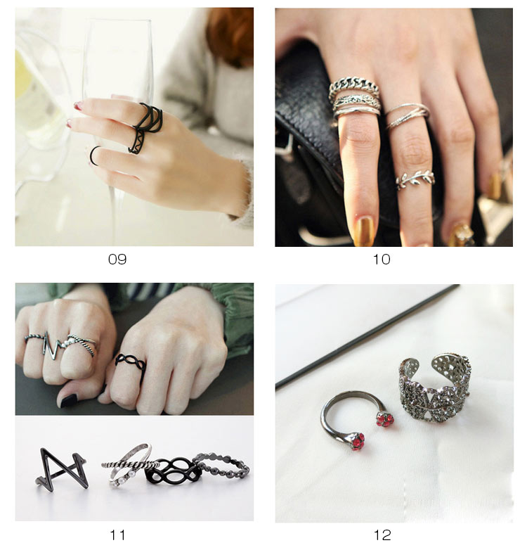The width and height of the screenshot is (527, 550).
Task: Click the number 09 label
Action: point(117,260)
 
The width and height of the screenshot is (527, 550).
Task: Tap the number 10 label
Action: point(382,260)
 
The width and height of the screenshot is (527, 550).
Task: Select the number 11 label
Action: point(117,535)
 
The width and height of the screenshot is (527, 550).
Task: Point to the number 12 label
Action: point(382,535)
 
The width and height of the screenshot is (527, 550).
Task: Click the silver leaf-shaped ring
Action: point(415,179)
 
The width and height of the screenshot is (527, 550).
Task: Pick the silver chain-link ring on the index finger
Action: point(353,87)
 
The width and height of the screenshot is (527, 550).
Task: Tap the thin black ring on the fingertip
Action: point(92,155)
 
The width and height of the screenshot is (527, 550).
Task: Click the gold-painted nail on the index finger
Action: point(363,231)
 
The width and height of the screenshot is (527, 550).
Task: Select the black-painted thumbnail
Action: point(69,401)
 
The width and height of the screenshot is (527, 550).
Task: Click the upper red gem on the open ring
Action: point(385,419)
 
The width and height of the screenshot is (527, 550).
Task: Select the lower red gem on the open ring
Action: point(358,440)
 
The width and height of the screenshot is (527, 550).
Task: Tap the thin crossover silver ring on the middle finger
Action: point(408,115)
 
